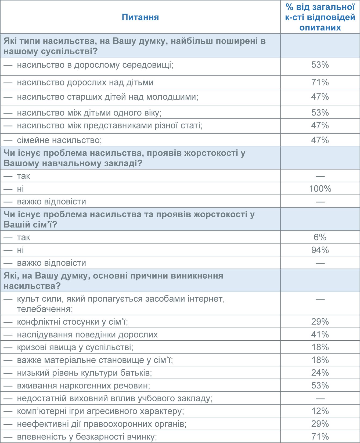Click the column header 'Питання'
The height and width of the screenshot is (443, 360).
(140, 17)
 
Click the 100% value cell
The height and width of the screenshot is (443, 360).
(320, 189)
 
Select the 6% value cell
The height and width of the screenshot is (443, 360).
(320, 237)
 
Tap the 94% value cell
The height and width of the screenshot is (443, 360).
(320, 250)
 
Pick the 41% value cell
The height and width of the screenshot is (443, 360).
(320, 334)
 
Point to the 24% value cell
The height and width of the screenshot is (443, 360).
(320, 373)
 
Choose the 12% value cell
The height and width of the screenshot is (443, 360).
(320, 411)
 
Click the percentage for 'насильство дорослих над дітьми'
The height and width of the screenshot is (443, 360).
(320, 82)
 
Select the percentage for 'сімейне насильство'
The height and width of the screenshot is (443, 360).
(320, 140)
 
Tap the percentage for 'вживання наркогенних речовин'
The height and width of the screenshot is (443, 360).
(320, 386)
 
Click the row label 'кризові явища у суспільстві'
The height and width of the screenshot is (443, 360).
(75, 347)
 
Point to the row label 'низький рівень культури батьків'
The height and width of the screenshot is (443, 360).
(84, 373)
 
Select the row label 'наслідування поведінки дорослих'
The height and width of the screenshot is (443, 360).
(87, 335)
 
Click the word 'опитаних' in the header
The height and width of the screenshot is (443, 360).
(320, 28)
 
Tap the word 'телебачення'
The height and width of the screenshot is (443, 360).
(45, 309)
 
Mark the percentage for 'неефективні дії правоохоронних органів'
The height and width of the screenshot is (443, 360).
(320, 424)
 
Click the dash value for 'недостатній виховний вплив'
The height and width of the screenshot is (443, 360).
(320, 399)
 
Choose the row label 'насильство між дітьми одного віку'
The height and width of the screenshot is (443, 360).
(89, 113)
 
